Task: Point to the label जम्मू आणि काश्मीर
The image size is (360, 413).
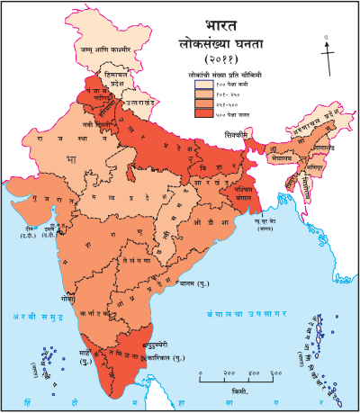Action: tap(109, 49)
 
